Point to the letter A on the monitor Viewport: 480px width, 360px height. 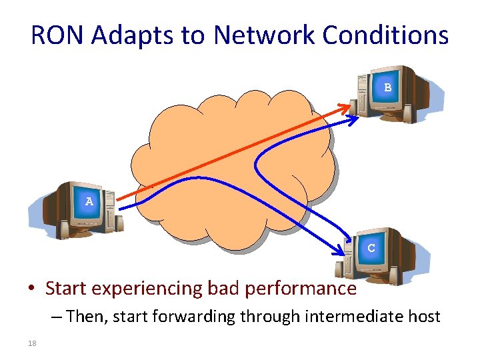point(89,201)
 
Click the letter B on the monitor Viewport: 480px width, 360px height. point(387,87)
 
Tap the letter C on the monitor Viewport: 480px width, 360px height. point(371,247)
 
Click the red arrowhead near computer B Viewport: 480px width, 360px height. point(348,105)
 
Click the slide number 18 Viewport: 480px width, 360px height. point(31,344)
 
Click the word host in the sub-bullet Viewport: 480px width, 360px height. point(425,316)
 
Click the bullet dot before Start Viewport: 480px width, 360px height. point(31,289)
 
